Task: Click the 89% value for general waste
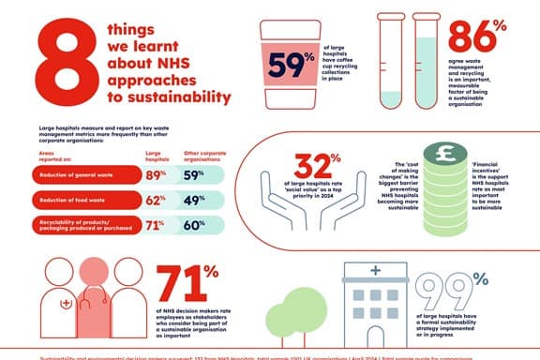pyautogui.click(x=157, y=173)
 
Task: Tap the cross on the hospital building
pyautogui.click(x=376, y=272)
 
